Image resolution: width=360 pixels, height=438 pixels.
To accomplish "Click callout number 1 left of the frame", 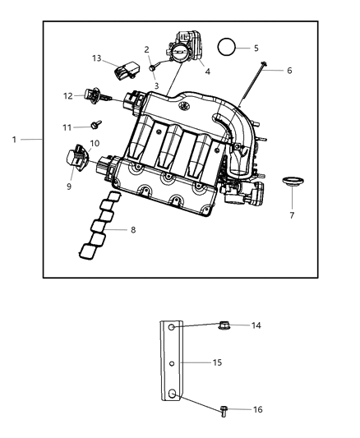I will (x=14, y=140).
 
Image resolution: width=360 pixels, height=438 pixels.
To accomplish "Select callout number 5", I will (x=256, y=48).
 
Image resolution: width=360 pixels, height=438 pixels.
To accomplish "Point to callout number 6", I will (x=288, y=71).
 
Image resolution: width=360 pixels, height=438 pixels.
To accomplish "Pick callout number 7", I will (x=291, y=216).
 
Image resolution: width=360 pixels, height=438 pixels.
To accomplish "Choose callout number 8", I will (x=133, y=230).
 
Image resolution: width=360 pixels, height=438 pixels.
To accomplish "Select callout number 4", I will (x=207, y=71).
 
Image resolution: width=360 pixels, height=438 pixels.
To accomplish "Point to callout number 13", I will (x=97, y=58).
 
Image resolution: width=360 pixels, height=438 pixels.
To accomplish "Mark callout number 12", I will (x=68, y=96).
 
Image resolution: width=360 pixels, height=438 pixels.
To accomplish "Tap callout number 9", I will (x=69, y=187).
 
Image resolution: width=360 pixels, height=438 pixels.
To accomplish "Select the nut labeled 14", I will (x=224, y=326).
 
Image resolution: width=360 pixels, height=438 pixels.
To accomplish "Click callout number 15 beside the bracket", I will (x=218, y=362).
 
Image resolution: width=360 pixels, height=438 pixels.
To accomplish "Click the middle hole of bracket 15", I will (x=173, y=362).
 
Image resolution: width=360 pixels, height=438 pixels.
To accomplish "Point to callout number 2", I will (x=146, y=49).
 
